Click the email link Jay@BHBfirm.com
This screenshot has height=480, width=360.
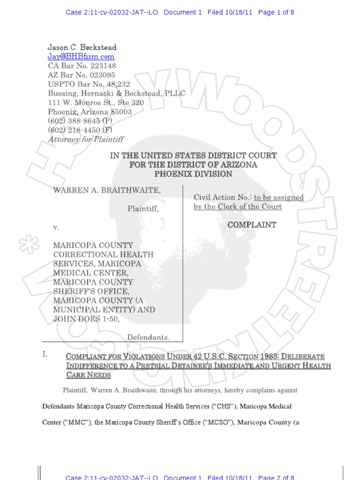tap(81, 57)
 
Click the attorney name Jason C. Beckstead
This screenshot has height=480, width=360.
tap(82, 47)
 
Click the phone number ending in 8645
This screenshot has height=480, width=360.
tap(80, 121)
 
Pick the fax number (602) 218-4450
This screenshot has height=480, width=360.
tap(80, 130)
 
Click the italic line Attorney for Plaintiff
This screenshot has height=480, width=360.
tap(86, 139)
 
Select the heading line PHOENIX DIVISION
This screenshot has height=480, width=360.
tap(194, 174)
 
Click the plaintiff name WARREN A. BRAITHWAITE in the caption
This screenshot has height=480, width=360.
tap(107, 190)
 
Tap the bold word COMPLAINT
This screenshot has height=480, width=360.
tap(252, 225)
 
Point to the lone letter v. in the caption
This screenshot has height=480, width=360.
tap(56, 227)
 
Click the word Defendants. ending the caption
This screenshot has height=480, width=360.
tap(148, 337)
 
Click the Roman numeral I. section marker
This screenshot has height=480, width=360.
tap(45, 355)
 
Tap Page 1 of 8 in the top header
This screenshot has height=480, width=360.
tap(276, 13)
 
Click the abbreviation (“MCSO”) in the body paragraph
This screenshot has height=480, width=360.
tap(217, 422)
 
